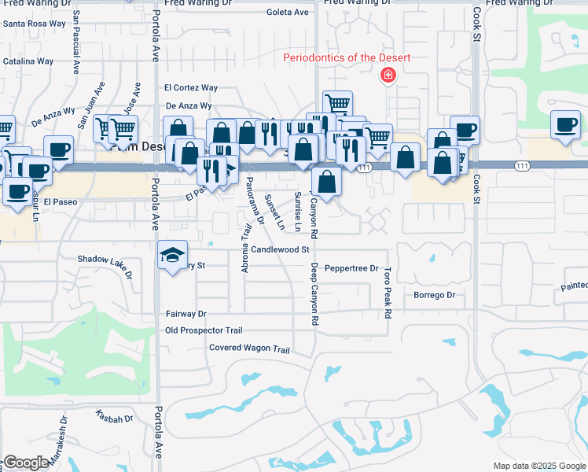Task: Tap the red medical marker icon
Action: tap(387, 76)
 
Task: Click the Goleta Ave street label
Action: tap(288, 13)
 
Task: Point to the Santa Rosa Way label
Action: tap(35, 24)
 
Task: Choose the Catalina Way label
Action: tap(28, 61)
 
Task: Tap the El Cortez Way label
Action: tap(191, 88)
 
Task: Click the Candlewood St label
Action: tap(280, 249)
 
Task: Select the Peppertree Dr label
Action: tap(351, 268)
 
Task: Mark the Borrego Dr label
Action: tap(435, 295)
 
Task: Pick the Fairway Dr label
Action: tap(186, 314)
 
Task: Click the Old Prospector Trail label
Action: tap(204, 330)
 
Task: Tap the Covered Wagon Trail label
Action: tap(249, 349)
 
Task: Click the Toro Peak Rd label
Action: tap(388, 292)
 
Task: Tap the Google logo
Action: tap(26, 463)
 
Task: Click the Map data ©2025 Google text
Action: tap(538, 466)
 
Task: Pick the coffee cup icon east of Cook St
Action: tap(566, 124)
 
